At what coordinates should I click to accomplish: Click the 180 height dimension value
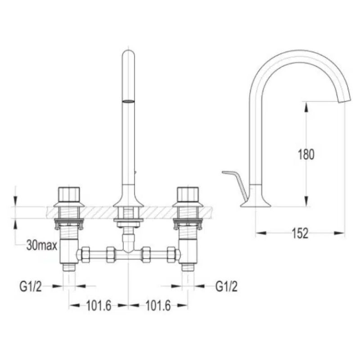pos(306,154)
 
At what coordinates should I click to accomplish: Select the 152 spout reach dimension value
pos(300,233)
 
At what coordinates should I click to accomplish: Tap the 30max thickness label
pos(41,245)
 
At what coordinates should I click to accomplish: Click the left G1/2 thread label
pos(31,286)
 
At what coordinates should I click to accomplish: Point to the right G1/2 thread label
pos(226,286)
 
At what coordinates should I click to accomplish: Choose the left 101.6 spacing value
pos(99,306)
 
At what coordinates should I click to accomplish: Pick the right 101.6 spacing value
pos(158,306)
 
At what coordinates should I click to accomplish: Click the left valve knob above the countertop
pos(69,194)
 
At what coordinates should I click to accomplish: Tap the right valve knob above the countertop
pos(188,194)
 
